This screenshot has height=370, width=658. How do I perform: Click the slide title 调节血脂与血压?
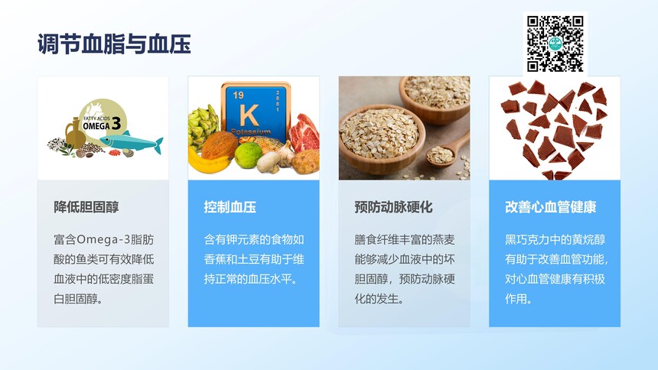tap(114, 44)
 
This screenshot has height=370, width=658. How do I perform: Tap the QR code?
tap(555, 44)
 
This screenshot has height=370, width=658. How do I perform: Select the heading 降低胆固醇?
tap(86, 207)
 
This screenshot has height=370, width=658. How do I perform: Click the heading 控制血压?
tap(230, 207)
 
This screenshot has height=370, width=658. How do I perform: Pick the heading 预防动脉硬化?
tap(393, 207)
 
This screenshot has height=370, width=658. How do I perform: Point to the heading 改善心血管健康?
tap(551, 207)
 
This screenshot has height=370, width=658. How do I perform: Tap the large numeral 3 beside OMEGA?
tap(116, 123)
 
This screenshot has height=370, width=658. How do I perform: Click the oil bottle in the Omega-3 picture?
tap(76, 134)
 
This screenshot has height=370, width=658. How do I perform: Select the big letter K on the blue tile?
tap(249, 115)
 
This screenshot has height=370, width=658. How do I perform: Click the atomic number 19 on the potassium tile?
tap(238, 96)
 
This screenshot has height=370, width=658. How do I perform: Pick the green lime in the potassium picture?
tap(248, 154)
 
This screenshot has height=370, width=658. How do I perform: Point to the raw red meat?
tap(304, 133)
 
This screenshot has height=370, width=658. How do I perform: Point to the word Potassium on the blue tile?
tap(250, 132)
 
